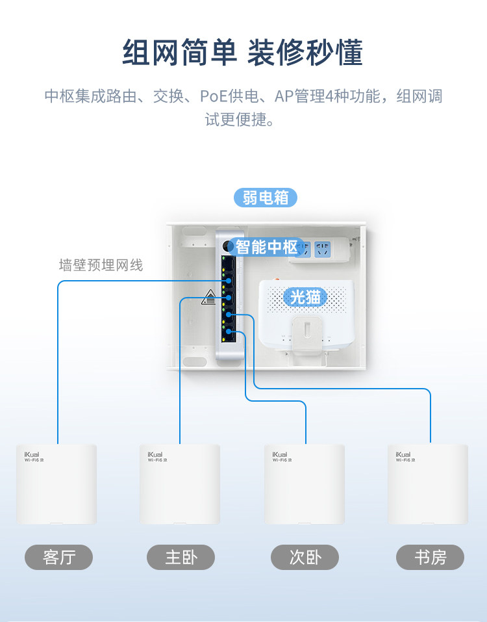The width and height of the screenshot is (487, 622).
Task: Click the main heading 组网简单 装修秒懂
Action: point(242,53)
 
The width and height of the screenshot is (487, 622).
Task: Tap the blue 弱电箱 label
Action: point(265,198)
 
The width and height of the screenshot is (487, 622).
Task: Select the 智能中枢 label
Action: point(267,247)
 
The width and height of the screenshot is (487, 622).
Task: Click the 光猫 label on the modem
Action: point(305,297)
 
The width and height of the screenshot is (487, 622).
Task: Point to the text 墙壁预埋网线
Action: point(101,265)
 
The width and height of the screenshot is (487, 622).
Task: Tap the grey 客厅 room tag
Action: point(58,558)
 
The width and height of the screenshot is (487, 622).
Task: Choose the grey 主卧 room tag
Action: point(181,558)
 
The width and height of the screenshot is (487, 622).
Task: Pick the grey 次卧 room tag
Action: point(305,558)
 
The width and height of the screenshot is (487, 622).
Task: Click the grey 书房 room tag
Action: point(430,558)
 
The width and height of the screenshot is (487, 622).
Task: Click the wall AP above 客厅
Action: point(56,484)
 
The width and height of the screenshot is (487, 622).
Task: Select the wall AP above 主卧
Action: point(180,484)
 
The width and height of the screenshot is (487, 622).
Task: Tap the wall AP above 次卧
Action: point(305,484)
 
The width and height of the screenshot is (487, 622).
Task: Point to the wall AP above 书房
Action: point(428,484)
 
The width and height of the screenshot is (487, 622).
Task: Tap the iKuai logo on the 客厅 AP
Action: point(32,454)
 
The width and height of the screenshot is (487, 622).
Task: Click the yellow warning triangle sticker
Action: point(209,296)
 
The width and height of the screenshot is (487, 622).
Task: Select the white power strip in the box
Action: point(320,250)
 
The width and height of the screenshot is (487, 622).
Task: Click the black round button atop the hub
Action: point(227,246)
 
